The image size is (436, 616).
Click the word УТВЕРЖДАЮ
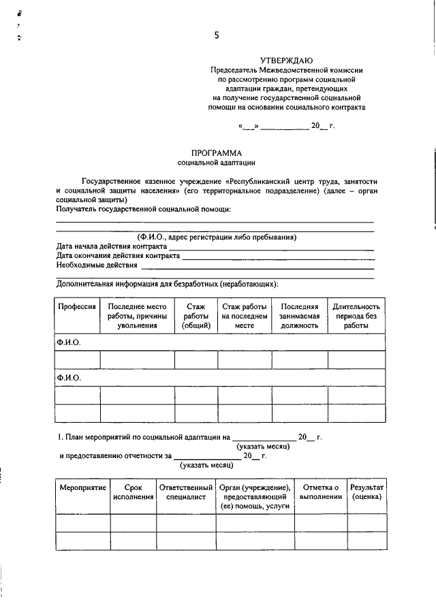coord(287,60)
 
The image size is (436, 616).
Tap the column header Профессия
coord(76,307)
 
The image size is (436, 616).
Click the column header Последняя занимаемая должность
coord(299,316)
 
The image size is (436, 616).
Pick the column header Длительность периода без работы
coord(356,316)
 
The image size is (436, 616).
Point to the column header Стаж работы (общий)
coord(196,316)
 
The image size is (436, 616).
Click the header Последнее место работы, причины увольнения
coord(137,316)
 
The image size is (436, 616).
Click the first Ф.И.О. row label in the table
coord(69,342)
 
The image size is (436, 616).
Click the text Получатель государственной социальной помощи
coord(143,209)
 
